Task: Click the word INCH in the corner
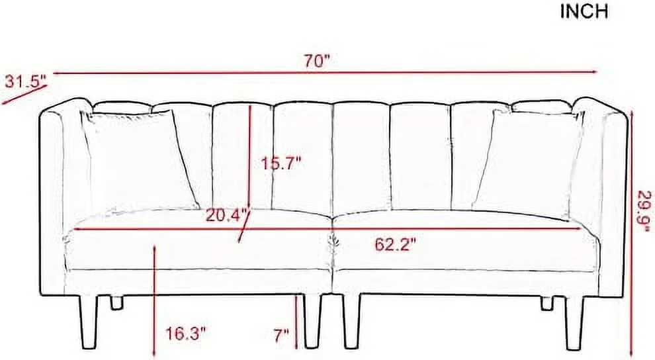pyautogui.click(x=584, y=13)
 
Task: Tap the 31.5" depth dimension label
pyautogui.click(x=26, y=82)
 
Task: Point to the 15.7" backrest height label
pyautogui.click(x=281, y=162)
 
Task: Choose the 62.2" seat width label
pyautogui.click(x=395, y=245)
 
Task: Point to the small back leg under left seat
pyautogui.click(x=118, y=302)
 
